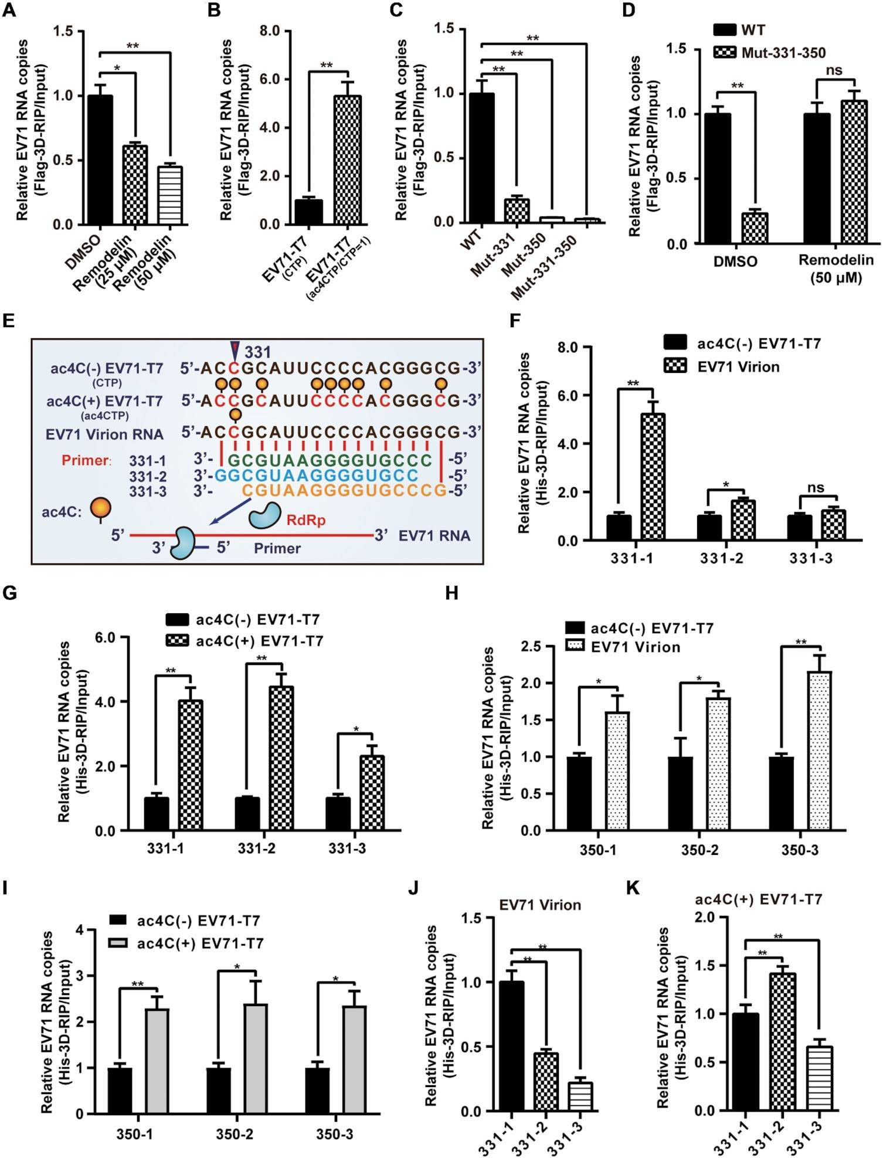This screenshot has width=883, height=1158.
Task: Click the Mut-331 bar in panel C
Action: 517,210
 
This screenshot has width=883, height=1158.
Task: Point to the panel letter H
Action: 453,594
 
